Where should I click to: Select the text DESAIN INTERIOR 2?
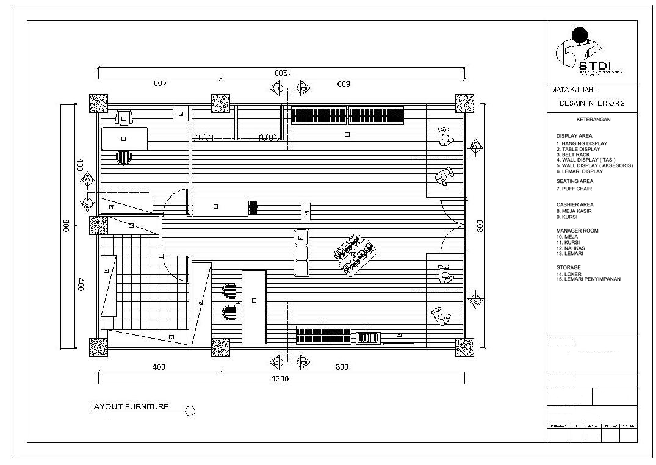pyautogui.click(x=591, y=104)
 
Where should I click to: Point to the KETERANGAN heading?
pyautogui.click(x=593, y=120)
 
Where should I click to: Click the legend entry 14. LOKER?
pyautogui.click(x=569, y=274)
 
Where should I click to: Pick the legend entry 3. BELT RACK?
pyautogui.click(x=573, y=154)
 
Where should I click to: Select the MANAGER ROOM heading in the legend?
pyautogui.click(x=577, y=231)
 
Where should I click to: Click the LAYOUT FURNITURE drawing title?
pyautogui.click(x=129, y=407)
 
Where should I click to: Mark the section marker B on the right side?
pyautogui.click(x=476, y=301)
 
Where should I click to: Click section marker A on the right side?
pyautogui.click(x=476, y=146)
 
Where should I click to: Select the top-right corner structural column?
pyautogui.click(x=464, y=103)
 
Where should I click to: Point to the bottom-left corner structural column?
pyautogui.click(x=98, y=347)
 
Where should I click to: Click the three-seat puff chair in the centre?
pyautogui.click(x=301, y=253)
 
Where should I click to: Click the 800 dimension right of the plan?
pyautogui.click(x=480, y=226)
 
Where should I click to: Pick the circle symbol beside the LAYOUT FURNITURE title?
pyautogui.click(x=190, y=411)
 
